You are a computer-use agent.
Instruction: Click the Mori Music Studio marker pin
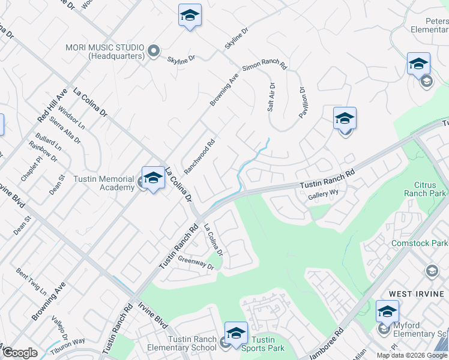153,51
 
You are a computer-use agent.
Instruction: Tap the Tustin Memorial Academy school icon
154,178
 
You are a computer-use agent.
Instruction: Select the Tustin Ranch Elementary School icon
236,333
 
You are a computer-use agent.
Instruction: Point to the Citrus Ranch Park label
421,190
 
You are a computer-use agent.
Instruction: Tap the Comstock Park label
420,243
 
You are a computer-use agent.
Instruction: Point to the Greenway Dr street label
196,262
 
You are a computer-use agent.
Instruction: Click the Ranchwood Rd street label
199,157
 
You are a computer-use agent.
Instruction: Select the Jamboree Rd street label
325,344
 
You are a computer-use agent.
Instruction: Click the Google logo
20,353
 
